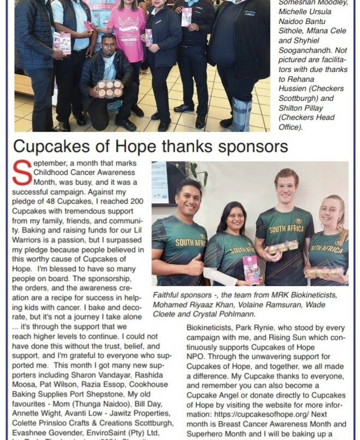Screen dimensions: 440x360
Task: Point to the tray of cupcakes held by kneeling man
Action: coord(109,88)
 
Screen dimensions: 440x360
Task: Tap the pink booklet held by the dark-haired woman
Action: coord(251,269)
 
